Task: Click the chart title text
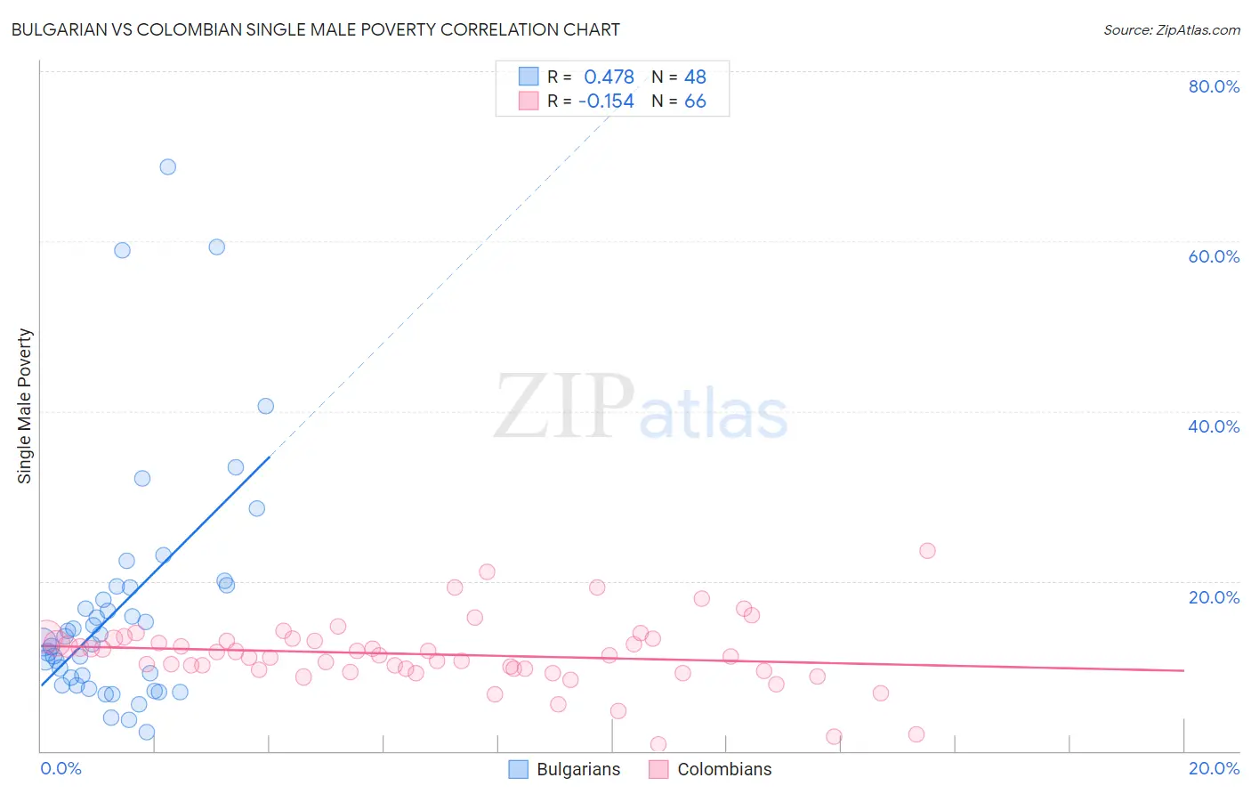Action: coord(315,29)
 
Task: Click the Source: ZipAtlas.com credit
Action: coord(1171,29)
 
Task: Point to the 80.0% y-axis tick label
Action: coord(1214,86)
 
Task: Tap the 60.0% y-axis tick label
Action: coord(1214,256)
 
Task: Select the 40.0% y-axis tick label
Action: coord(1214,426)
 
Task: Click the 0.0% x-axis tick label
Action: coord(61,768)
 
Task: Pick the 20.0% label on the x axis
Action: coord(1214,768)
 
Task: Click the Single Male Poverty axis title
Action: coord(25,406)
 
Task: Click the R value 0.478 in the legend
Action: coord(609,77)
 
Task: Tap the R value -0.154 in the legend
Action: coord(606,101)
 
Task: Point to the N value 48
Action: coord(695,77)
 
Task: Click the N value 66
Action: coord(695,101)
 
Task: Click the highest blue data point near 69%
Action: coord(167,166)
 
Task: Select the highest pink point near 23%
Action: coord(927,550)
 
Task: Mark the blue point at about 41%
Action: coord(265,406)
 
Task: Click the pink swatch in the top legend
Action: coord(529,101)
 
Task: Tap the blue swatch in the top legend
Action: coord(529,77)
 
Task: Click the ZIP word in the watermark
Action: coord(563,408)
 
